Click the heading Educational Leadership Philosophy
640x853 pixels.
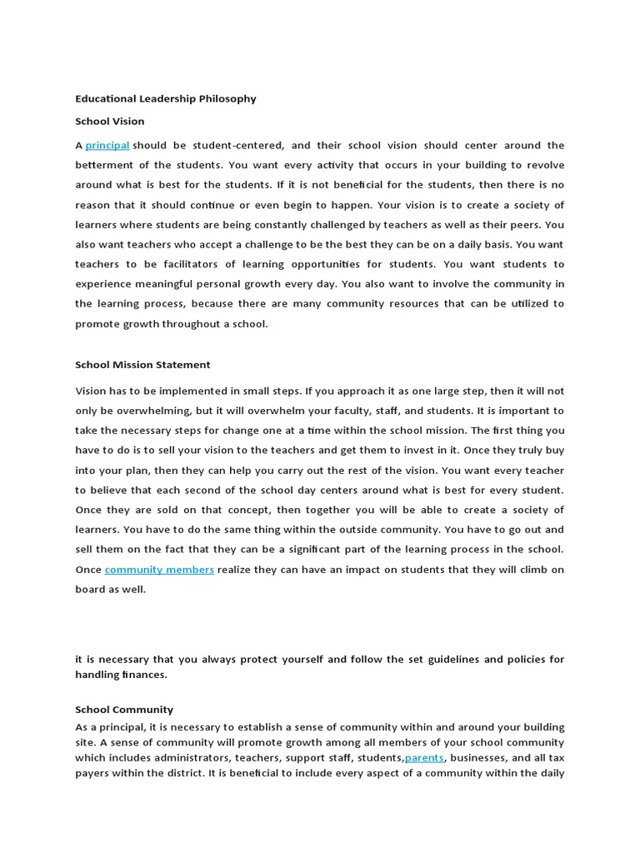click(x=166, y=98)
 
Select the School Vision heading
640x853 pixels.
click(x=110, y=122)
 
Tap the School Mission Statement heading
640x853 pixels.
click(x=142, y=365)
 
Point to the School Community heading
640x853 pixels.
click(x=124, y=710)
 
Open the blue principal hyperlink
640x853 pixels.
click(x=107, y=146)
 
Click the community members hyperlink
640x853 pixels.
click(x=159, y=570)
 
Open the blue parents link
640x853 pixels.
click(x=425, y=757)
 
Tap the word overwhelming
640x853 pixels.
click(x=159, y=410)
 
